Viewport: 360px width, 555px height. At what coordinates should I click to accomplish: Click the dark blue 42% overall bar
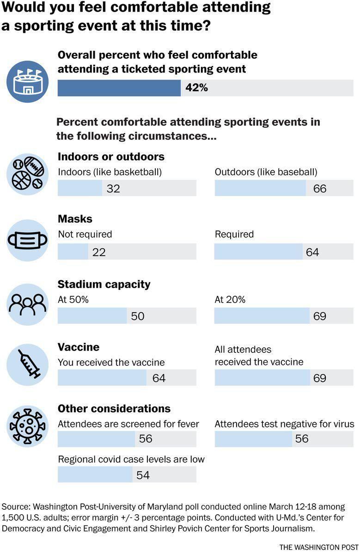click(119, 88)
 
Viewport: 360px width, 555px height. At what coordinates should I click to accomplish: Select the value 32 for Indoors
click(113, 189)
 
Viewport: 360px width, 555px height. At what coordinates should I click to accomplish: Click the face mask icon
click(27, 240)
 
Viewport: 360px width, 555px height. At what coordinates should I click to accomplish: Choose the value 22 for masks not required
click(99, 252)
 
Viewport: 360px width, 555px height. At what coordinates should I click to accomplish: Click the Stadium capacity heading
click(104, 284)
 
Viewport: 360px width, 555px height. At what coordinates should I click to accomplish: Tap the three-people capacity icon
click(27, 304)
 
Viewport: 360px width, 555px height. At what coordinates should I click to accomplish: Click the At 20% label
click(230, 300)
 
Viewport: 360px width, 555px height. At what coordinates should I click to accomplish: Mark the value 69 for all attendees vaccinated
click(319, 378)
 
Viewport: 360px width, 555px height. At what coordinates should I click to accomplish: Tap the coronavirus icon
click(27, 426)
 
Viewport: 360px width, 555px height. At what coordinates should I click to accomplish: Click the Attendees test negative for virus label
click(284, 424)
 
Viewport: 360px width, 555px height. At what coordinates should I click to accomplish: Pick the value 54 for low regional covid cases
click(143, 475)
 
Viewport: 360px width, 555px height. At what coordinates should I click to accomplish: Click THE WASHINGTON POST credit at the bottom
click(318, 547)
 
